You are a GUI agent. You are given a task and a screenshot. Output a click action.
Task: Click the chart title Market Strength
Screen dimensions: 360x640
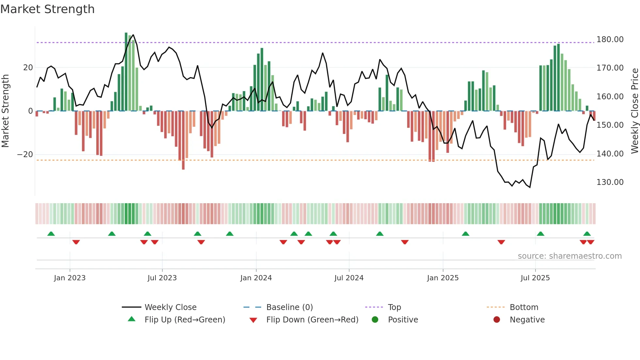(x=47, y=9)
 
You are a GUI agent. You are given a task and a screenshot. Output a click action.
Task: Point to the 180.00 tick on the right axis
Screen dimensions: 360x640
(x=610, y=40)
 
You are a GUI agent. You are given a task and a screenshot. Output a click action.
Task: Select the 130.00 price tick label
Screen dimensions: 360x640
(x=610, y=182)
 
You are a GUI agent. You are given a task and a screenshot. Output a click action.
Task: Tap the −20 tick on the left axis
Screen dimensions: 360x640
(x=25, y=155)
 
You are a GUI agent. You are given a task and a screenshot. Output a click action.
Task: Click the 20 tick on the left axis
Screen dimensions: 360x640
(x=28, y=68)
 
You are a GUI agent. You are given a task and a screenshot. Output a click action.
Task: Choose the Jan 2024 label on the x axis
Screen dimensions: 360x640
(x=256, y=278)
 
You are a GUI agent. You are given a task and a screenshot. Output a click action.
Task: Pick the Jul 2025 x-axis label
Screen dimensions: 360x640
(x=535, y=278)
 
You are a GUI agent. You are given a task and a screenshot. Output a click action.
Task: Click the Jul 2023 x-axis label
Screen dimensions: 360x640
(x=162, y=278)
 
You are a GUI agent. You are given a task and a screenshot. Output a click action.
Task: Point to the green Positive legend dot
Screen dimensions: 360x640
(x=375, y=320)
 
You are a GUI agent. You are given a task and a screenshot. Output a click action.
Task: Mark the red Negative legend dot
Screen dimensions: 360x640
(x=497, y=320)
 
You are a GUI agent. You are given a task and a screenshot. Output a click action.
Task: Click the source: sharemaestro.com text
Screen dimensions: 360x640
(x=569, y=256)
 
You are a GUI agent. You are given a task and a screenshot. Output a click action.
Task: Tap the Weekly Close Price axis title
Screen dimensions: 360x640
(x=634, y=111)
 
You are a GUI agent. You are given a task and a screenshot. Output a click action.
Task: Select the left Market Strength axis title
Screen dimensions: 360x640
(x=6, y=111)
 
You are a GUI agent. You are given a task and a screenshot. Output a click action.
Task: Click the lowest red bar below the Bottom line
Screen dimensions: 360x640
(x=183, y=165)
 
